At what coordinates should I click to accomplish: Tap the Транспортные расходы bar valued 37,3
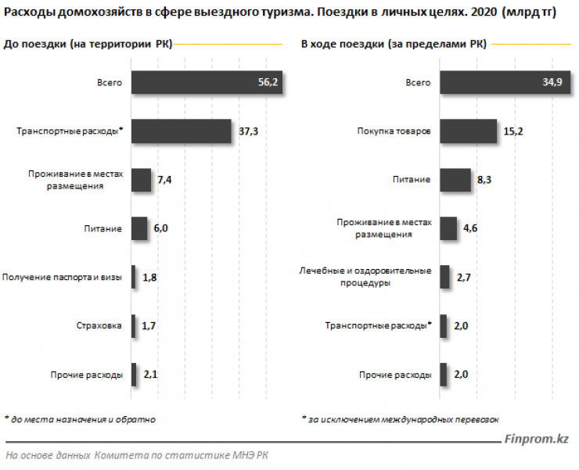181,132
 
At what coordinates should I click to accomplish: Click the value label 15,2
513,131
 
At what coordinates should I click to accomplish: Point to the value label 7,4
164,181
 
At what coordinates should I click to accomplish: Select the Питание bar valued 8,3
455,180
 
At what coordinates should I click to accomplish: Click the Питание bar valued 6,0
139,229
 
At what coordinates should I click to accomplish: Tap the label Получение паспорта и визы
63,278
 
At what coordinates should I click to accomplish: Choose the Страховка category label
99,326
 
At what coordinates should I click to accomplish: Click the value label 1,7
150,326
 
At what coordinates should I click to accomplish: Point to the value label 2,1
151,375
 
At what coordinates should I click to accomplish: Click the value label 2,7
464,278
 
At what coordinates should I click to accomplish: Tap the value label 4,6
472,229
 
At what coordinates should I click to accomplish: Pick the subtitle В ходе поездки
394,45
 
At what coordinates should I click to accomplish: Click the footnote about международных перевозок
400,419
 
